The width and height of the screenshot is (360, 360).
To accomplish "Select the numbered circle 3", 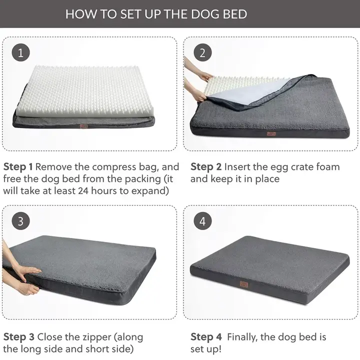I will [x=20, y=221].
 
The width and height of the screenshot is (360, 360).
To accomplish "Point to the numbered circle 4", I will [x=202, y=221].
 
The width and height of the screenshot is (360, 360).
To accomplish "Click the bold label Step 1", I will [x=18, y=166].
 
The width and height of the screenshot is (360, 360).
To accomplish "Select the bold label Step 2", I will [x=206, y=166].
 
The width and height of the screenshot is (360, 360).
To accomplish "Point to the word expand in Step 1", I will [x=150, y=190].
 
